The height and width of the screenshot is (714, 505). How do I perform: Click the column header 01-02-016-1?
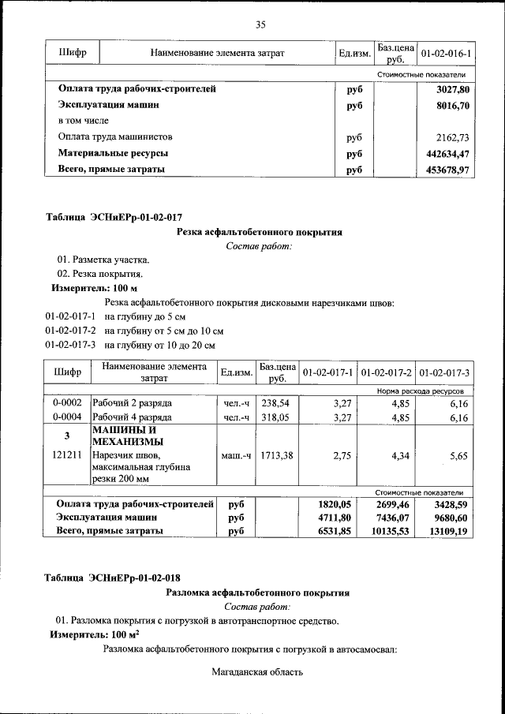(446, 53)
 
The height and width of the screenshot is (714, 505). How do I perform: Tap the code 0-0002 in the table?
(67, 403)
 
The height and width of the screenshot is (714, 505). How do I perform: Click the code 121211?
(67, 455)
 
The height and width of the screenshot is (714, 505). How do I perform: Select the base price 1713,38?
(275, 455)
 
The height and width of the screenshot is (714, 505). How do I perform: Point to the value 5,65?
(458, 455)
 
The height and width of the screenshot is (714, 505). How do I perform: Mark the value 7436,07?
(390, 518)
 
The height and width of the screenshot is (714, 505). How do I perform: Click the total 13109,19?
(446, 532)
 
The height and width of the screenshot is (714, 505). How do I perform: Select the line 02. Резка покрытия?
(99, 274)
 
